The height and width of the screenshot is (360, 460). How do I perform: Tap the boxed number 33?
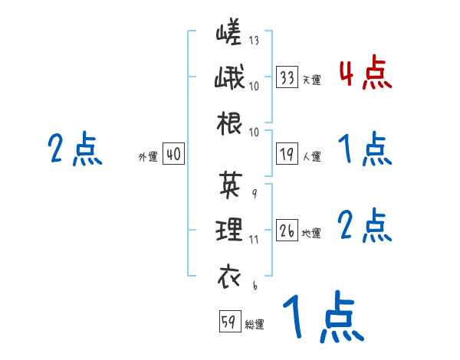coord(287,77)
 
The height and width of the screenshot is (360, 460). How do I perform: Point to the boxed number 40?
coord(173,155)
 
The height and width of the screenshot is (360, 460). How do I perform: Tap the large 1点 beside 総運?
coord(321,319)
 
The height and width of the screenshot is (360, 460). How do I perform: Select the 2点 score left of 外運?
coord(74,149)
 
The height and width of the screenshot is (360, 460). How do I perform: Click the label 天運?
coord(311,80)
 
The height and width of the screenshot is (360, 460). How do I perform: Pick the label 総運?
coord(255,324)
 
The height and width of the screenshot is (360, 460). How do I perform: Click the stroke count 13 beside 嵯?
coord(254,41)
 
